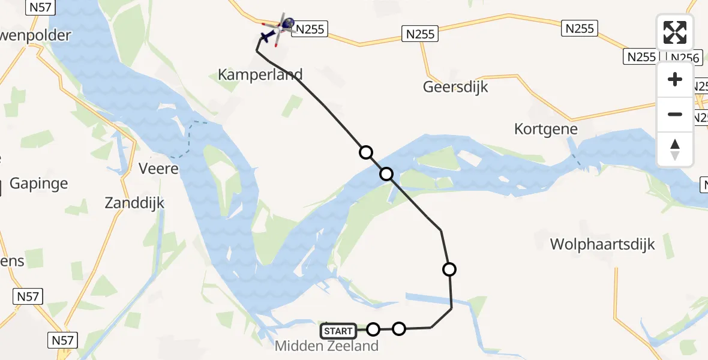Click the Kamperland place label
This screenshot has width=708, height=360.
(260, 75)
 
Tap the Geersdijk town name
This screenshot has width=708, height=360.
(455, 86)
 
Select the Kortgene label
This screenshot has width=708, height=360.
(545, 128)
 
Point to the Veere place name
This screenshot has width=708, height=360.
(158, 168)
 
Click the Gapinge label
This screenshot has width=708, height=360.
(39, 184)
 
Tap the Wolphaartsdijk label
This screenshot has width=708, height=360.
(602, 244)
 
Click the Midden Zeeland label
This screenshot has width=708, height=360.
(326, 346)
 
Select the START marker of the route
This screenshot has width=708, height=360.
(338, 331)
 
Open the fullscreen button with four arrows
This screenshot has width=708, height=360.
(675, 32)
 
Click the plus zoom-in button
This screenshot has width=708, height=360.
(675, 79)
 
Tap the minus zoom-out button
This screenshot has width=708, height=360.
(675, 114)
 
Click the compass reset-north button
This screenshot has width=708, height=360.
(675, 149)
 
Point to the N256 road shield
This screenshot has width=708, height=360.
(685, 58)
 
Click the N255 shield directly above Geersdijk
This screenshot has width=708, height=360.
(420, 34)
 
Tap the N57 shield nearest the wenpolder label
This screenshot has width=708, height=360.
(41, 7)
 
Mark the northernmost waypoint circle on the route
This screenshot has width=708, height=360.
(365, 152)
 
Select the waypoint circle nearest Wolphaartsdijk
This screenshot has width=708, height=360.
(449, 269)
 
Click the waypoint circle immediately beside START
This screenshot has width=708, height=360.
(373, 329)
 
